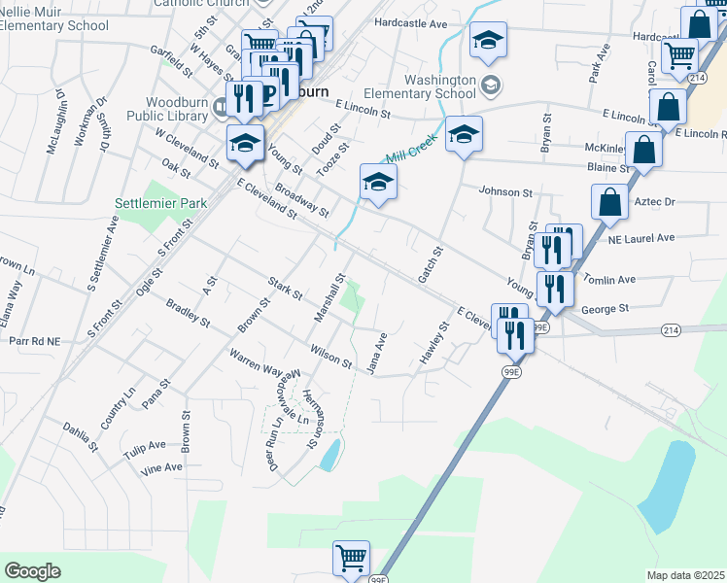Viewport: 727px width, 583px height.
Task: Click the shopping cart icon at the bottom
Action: (351, 559)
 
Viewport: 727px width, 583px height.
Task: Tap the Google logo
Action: (32, 571)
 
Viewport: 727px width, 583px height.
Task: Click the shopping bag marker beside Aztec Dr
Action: (608, 201)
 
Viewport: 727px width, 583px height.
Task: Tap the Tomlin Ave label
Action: (608, 279)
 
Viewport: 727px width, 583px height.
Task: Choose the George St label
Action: (606, 308)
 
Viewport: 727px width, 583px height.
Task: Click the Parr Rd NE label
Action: (34, 341)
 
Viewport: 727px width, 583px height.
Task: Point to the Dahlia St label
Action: (81, 436)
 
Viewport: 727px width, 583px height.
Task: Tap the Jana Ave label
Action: (376, 353)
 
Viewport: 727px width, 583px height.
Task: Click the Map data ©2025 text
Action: (685, 575)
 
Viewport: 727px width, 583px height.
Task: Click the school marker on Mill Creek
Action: (377, 181)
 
